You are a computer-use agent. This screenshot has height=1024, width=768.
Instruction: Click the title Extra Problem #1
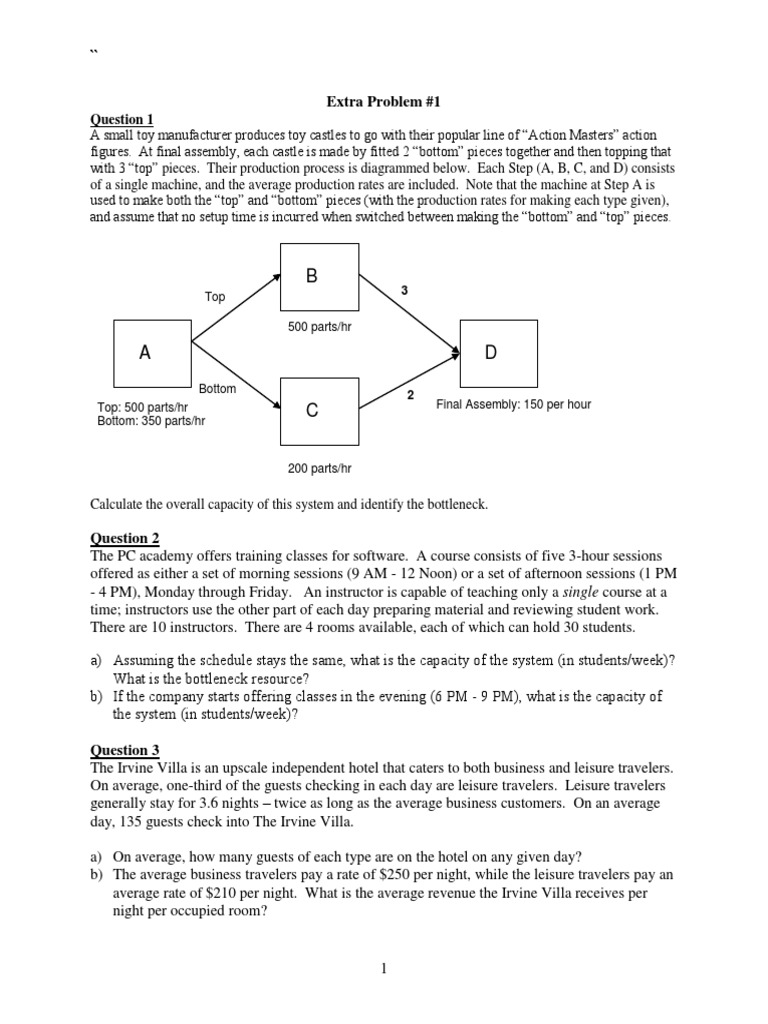tap(384, 102)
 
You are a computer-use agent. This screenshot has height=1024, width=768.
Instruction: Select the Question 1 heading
tap(122, 119)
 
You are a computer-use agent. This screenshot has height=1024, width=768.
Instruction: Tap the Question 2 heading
tap(124, 538)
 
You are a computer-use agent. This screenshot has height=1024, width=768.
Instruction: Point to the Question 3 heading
tap(124, 750)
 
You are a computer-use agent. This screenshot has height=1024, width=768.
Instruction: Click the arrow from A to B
tap(236, 311)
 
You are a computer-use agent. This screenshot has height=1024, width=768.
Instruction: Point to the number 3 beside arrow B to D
tap(405, 290)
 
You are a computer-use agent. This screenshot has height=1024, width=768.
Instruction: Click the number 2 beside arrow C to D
tap(409, 396)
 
